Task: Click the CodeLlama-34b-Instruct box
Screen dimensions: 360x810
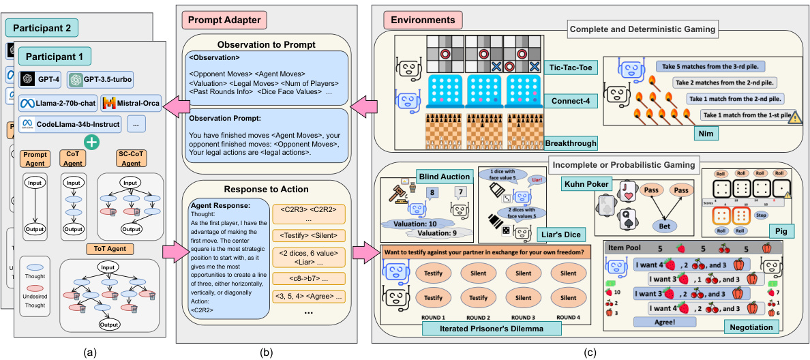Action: [70, 125]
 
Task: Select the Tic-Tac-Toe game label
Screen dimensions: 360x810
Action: [570, 67]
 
